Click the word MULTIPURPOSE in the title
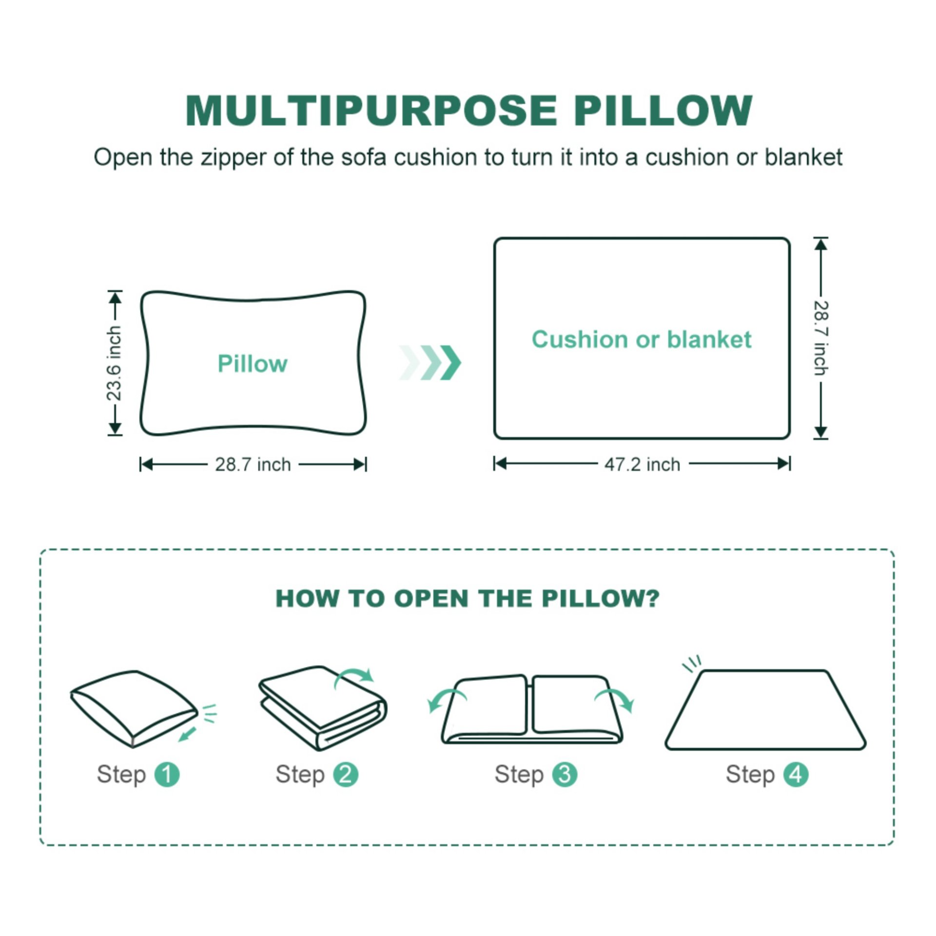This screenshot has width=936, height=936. tap(370, 111)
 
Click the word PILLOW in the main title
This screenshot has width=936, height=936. tap(663, 111)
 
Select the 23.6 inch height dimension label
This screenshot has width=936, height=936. tap(114, 363)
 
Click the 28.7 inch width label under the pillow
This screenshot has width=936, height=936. tap(253, 465)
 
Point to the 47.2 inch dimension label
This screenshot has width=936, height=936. tap(642, 465)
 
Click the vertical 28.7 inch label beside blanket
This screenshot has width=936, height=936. tap(821, 338)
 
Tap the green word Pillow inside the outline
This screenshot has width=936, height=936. tap(253, 364)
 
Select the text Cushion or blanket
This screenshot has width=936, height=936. tap(641, 339)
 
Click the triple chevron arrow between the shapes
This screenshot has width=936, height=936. tap(430, 363)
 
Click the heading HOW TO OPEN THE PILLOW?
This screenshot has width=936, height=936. tap(467, 598)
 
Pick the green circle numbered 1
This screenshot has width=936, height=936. tap(167, 774)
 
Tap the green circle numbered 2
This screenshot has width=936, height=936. tap(346, 774)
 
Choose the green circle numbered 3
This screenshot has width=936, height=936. tap(565, 774)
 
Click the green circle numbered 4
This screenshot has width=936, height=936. tap(796, 774)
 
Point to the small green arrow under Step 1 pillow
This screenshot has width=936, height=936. tap(187, 734)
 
